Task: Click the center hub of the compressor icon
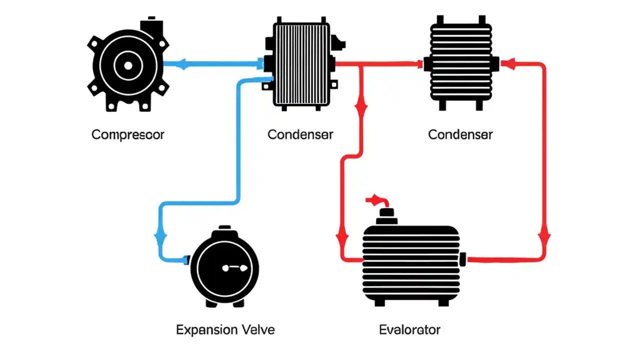[x=127, y=65]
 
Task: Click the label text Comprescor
[x=128, y=134]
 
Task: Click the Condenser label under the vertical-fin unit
[x=300, y=134]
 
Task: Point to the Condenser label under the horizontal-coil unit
[x=460, y=134]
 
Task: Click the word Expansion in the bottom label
[x=206, y=329]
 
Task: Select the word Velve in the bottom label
[x=258, y=329]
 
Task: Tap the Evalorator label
[x=409, y=329]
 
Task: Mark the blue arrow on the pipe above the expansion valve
[x=161, y=235]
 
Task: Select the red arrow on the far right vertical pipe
[x=544, y=235]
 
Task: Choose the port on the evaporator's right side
[x=462, y=259]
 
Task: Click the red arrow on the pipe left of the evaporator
[x=342, y=235]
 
